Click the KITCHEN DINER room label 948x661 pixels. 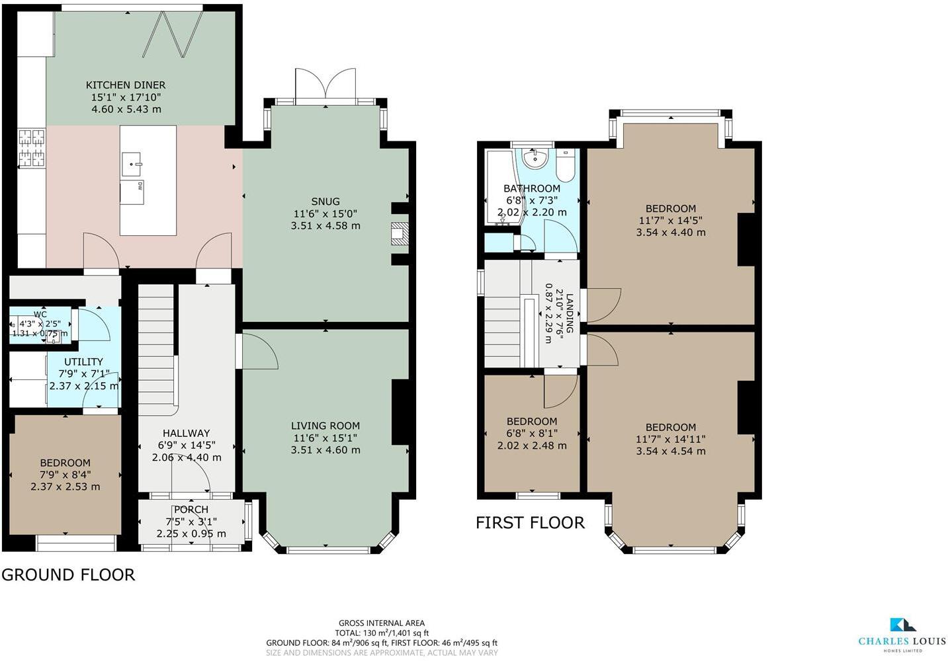pyautogui.click(x=126, y=85)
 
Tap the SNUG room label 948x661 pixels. pyautogui.click(x=325, y=201)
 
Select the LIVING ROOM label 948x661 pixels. pyautogui.click(x=325, y=426)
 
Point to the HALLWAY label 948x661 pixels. pyautogui.click(x=186, y=433)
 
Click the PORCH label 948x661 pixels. pyautogui.click(x=191, y=510)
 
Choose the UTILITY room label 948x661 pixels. pyautogui.click(x=83, y=362)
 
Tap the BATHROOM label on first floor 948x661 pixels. pyautogui.click(x=531, y=188)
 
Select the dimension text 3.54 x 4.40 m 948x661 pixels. pyautogui.click(x=670, y=233)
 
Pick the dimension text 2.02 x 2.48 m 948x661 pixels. pyautogui.click(x=531, y=446)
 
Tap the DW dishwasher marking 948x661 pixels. pyautogui.click(x=140, y=186)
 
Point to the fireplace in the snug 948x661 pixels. pyautogui.click(x=400, y=235)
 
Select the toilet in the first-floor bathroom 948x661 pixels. pyautogui.click(x=566, y=165)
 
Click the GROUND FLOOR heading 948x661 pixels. pyautogui.click(x=68, y=574)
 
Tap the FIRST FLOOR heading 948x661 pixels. pyautogui.click(x=530, y=523)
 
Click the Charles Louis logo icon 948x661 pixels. pyautogui.click(x=902, y=625)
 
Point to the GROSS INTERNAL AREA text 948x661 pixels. pyautogui.click(x=381, y=623)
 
